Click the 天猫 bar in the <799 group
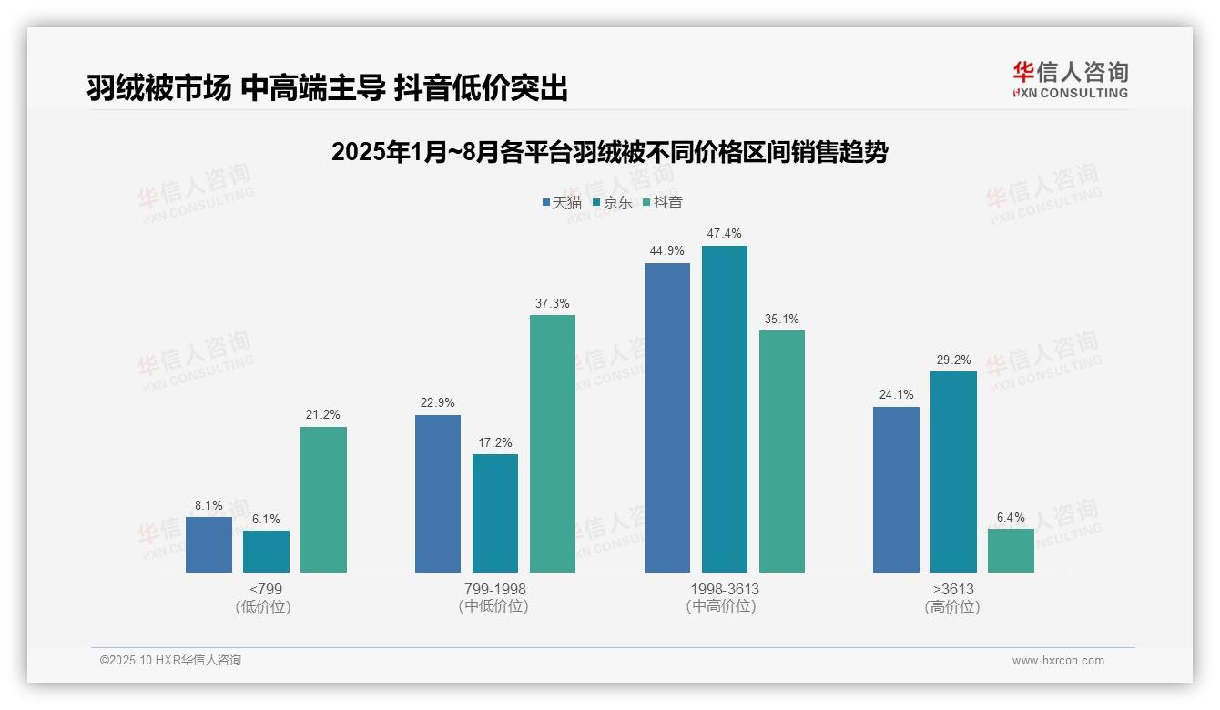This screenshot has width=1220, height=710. click(208, 544)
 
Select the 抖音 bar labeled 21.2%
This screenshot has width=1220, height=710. click(323, 499)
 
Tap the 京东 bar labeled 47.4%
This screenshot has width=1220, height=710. click(724, 409)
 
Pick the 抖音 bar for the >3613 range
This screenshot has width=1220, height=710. click(1011, 551)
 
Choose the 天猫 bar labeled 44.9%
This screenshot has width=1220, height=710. click(666, 417)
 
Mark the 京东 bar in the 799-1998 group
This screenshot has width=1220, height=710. click(494, 512)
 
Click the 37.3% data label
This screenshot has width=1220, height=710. click(553, 304)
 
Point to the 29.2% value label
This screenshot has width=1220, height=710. click(953, 360)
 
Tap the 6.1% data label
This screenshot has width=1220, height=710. click(266, 520)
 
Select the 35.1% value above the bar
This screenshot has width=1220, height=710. click(782, 319)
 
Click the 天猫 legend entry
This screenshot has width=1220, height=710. click(561, 203)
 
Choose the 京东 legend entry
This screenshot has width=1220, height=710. click(612, 203)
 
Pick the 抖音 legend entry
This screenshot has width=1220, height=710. click(662, 203)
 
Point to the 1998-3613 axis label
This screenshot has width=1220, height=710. click(724, 589)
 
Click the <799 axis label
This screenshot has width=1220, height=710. click(265, 589)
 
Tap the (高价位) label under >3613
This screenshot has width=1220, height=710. click(952, 606)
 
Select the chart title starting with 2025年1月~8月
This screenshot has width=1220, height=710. click(609, 152)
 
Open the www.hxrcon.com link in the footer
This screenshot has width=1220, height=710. click(1058, 661)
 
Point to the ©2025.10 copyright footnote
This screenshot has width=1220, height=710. click(170, 661)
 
